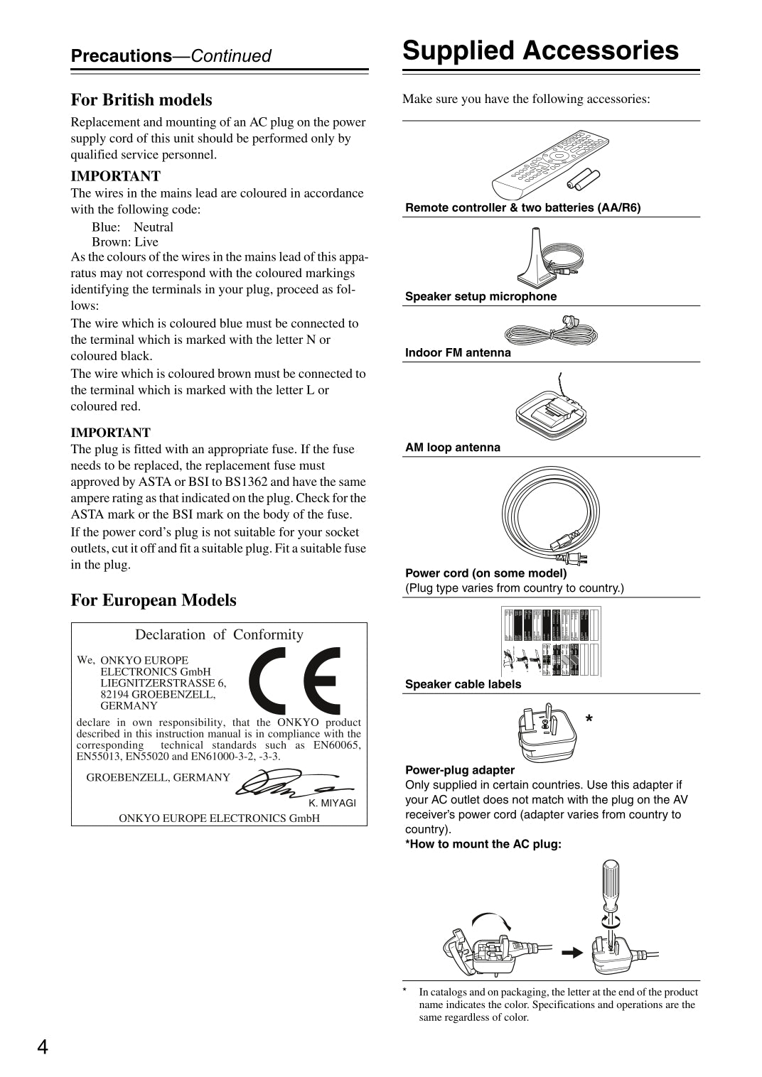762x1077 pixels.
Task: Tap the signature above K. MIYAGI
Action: click(291, 784)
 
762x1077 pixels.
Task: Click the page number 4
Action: click(43, 1047)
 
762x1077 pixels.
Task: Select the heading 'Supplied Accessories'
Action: click(540, 51)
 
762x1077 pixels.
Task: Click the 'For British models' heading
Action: click(141, 100)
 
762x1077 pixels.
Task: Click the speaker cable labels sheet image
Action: click(551, 641)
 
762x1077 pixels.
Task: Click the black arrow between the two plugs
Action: click(571, 953)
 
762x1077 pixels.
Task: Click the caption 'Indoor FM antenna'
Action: click(458, 353)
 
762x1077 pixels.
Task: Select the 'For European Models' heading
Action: click(154, 600)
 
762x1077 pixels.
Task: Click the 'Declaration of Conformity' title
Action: click(219, 635)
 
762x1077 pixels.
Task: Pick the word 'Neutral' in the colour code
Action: click(154, 227)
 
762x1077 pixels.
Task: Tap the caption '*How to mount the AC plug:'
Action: click(483, 844)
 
